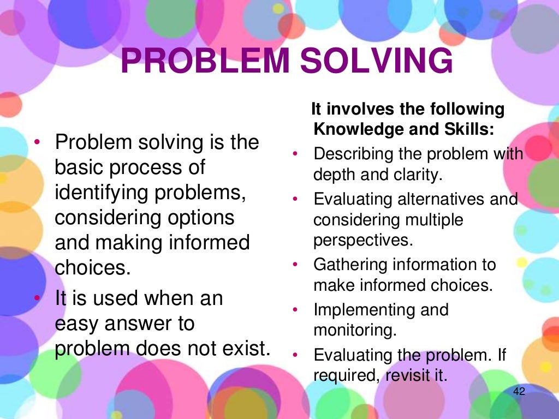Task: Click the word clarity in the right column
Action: pyautogui.click(x=420, y=175)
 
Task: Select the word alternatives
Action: pyautogui.click(x=435, y=199)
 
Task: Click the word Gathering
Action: pyautogui.click(x=348, y=265)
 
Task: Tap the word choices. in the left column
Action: pyautogui.click(x=93, y=268)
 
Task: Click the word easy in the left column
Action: pyautogui.click(x=76, y=324)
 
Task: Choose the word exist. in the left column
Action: pyautogui.click(x=247, y=349)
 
